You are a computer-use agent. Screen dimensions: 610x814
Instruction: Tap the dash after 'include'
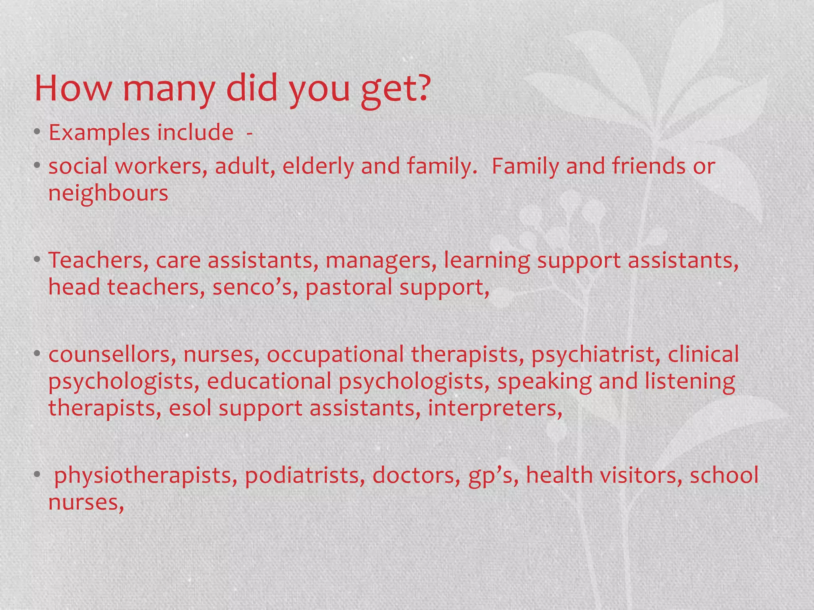pyautogui.click(x=249, y=133)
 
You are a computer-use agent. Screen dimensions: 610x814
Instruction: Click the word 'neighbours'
pyautogui.click(x=108, y=193)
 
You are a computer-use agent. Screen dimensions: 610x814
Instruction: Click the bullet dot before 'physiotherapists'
pyautogui.click(x=37, y=475)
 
